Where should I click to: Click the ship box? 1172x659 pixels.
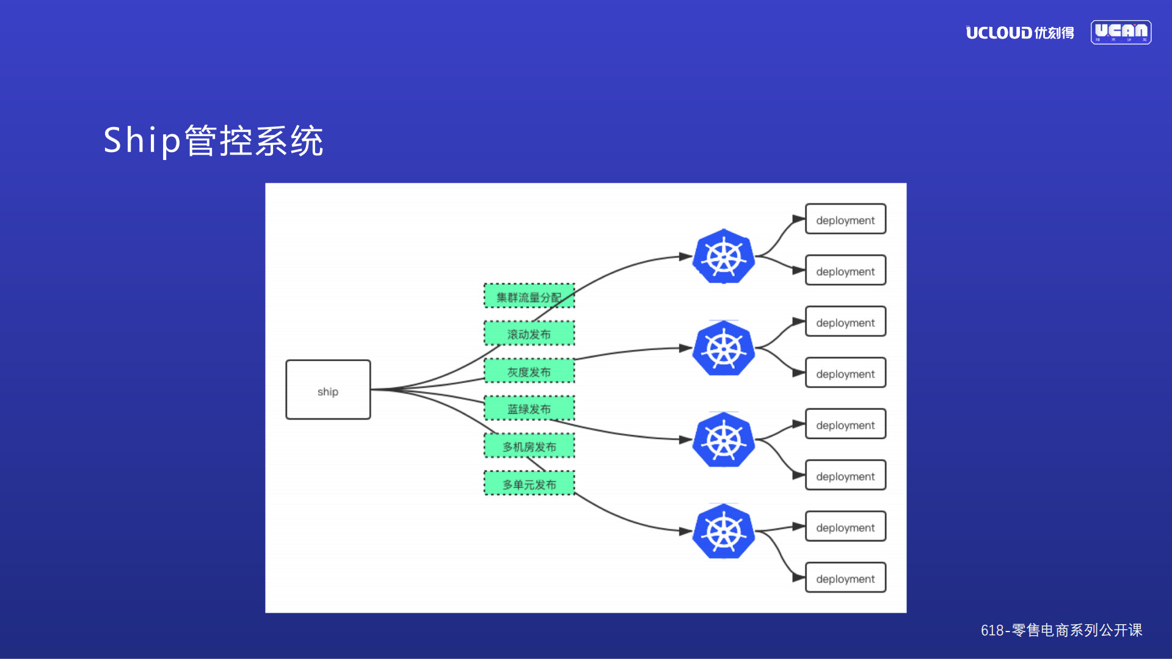pyautogui.click(x=328, y=390)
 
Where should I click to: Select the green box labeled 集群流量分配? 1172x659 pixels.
pyautogui.click(x=529, y=296)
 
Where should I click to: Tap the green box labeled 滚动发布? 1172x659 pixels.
pyautogui.click(x=529, y=333)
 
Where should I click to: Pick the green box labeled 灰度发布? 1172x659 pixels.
pyautogui.click(x=529, y=371)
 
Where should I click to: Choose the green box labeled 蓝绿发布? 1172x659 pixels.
pyautogui.click(x=529, y=409)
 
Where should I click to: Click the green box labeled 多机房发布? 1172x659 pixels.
pyautogui.click(x=529, y=446)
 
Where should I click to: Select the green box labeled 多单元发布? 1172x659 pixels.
pyautogui.click(x=529, y=484)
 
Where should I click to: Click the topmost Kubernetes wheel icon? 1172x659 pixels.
pyautogui.click(x=724, y=257)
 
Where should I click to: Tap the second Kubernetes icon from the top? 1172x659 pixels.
pyautogui.click(x=724, y=349)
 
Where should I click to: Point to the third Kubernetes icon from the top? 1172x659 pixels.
pyautogui.click(x=724, y=440)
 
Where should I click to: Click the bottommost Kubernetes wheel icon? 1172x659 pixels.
pyautogui.click(x=724, y=532)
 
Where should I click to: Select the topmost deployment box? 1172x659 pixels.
pyautogui.click(x=845, y=219)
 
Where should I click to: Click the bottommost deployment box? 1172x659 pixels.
pyautogui.click(x=845, y=578)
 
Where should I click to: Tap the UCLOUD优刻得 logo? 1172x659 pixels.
pyautogui.click(x=1019, y=32)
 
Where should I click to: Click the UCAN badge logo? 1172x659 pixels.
pyautogui.click(x=1121, y=32)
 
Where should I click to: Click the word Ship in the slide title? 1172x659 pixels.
pyautogui.click(x=142, y=140)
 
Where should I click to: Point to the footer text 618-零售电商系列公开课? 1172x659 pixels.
pyautogui.click(x=1061, y=630)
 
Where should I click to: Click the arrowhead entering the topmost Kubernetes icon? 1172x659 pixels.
pyautogui.click(x=685, y=257)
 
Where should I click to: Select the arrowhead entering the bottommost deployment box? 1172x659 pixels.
pyautogui.click(x=798, y=577)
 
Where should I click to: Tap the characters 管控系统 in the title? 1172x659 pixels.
pyautogui.click(x=253, y=140)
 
